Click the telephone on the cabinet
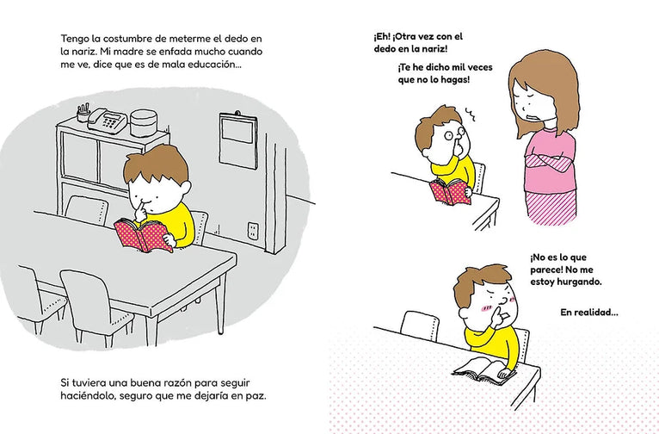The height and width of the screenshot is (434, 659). click(x=108, y=121)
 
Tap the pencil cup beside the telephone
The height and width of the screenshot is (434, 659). click(x=83, y=113)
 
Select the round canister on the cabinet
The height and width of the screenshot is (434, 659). click(x=144, y=123)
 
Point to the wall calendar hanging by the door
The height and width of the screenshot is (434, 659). click(x=238, y=140)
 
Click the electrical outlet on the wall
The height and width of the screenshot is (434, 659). click(x=253, y=231)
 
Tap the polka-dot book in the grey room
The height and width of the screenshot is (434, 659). click(x=144, y=235)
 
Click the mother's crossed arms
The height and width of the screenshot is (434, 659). click(x=549, y=162)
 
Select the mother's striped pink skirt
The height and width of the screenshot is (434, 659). click(x=551, y=208)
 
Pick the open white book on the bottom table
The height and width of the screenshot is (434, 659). click(x=483, y=370)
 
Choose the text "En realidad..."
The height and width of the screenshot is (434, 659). click(x=589, y=313)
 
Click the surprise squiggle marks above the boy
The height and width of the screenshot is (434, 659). click(x=470, y=115)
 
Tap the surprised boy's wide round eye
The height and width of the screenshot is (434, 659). click(x=448, y=135)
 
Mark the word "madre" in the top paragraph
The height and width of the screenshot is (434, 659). click(x=125, y=52)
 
